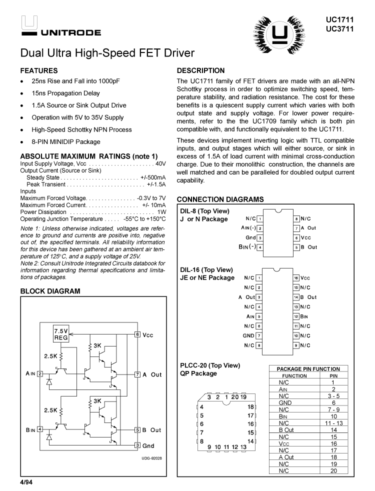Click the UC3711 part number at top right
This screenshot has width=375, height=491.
tap(339, 28)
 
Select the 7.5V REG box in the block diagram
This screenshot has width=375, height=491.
tap(61, 334)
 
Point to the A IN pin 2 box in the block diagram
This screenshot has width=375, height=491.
tap(40, 373)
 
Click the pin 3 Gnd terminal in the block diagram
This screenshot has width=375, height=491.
tap(137, 445)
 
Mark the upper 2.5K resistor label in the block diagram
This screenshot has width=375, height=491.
tap(51, 356)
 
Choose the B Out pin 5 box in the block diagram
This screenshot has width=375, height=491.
tap(137, 429)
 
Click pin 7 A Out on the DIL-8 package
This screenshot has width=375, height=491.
tap(296, 228)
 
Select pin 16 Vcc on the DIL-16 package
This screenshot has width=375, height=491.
tap(296, 277)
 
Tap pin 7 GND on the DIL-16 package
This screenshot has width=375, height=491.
tap(258, 335)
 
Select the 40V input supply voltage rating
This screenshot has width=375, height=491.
tap(160, 163)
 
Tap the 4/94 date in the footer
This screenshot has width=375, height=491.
tap(26, 482)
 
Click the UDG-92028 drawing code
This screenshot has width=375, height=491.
tap(151, 457)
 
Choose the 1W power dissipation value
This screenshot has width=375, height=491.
tap(161, 212)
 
